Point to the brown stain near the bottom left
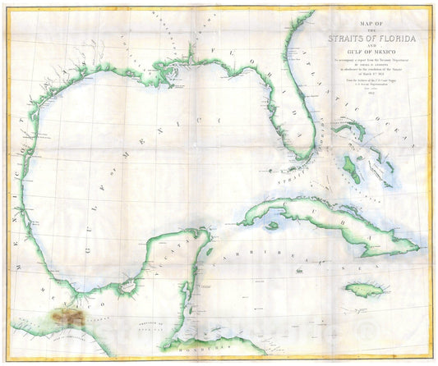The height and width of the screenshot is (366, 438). (67, 317)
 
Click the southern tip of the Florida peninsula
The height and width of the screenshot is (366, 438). (306, 155)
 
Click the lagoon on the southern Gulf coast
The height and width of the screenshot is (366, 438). (128, 287)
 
